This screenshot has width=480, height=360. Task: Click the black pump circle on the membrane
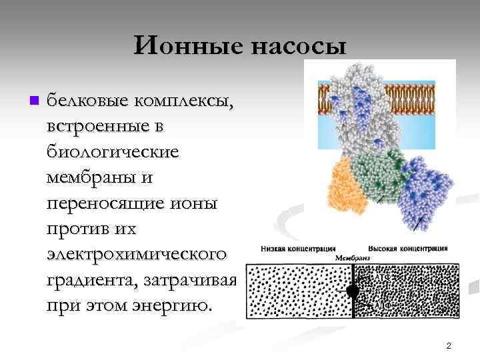coord(353,291)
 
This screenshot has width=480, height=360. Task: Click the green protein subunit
coord(378,173)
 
